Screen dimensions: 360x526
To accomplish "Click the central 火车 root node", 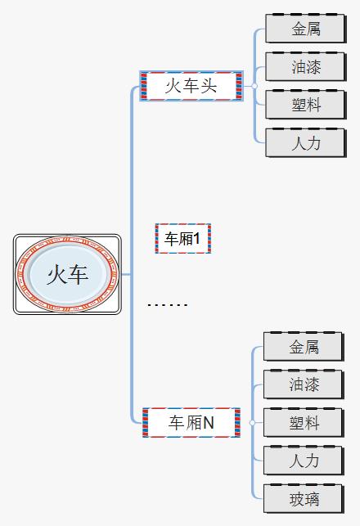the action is coord(67,274).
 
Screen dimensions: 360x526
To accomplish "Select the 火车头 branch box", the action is coord(191,86).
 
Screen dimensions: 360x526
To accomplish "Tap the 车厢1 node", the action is coord(182,239).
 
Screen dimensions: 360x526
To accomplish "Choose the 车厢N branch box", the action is coord(191,422).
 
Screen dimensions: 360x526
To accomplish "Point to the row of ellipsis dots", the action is coord(167,305).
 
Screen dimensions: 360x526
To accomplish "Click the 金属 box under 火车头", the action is coord(306,29).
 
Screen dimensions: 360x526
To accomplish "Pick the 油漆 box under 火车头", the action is coord(306,67).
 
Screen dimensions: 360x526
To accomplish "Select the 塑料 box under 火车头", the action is coord(306,105).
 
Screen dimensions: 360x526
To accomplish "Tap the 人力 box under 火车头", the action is coord(306,143).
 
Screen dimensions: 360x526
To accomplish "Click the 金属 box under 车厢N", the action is coord(304,347).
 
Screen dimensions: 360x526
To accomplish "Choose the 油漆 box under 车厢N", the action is coord(304,384).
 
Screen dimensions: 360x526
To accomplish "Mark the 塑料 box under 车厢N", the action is coord(304,423).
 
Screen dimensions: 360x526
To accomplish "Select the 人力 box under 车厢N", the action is coord(304,461).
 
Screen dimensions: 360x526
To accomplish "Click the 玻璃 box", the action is coord(304,499).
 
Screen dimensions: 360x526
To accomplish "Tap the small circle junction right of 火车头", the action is coord(254,86).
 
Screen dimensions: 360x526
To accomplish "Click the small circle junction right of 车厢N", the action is coord(252,423).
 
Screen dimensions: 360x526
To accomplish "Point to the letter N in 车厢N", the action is coord(208,422).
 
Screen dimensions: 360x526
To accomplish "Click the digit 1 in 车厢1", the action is coord(196,239).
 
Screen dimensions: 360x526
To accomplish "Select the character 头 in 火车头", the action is coord(209,86).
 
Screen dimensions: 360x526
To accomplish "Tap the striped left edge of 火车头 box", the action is coord(144,86).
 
